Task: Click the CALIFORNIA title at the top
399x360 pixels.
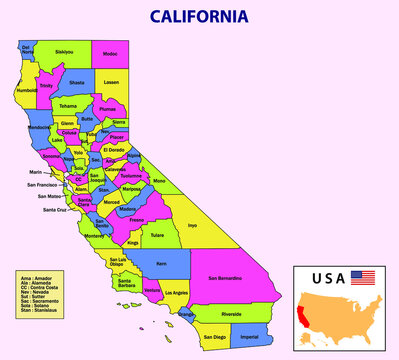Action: (199, 17)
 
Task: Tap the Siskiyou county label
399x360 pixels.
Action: (64, 51)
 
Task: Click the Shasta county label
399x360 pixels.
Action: (77, 84)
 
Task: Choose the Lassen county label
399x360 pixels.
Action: (112, 82)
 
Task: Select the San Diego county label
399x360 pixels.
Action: (213, 338)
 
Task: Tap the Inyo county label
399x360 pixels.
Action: (192, 225)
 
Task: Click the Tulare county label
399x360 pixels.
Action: (157, 236)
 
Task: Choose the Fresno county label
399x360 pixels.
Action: (136, 218)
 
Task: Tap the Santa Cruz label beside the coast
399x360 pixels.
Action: (54, 210)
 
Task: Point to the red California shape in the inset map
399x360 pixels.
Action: (305, 312)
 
